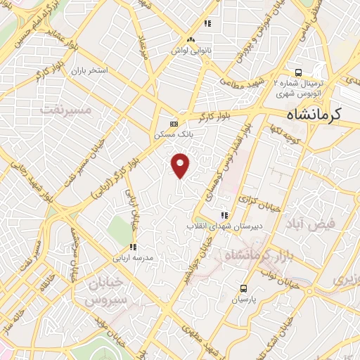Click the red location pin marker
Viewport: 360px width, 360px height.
click(x=181, y=165)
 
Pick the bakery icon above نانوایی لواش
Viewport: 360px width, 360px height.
click(x=191, y=40)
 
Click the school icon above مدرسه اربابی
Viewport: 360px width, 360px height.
click(x=132, y=247)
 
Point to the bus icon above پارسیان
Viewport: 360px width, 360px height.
click(x=244, y=288)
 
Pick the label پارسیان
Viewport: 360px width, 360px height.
click(x=243, y=299)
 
